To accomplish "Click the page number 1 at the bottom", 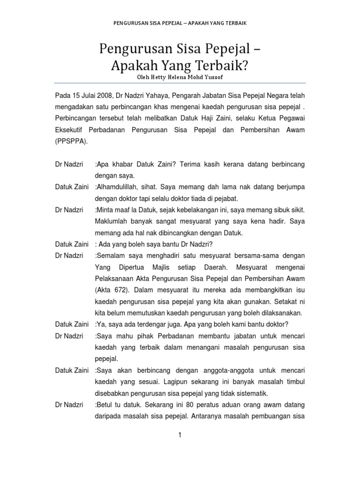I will pyautogui.click(x=180, y=435).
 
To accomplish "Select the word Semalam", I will pyautogui.click(x=110, y=255).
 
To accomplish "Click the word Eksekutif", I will pyautogui.click(x=69, y=130).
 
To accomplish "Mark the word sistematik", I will pyautogui.click(x=250, y=393).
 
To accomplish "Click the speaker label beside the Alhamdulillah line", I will pyautogui.click(x=72, y=187).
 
